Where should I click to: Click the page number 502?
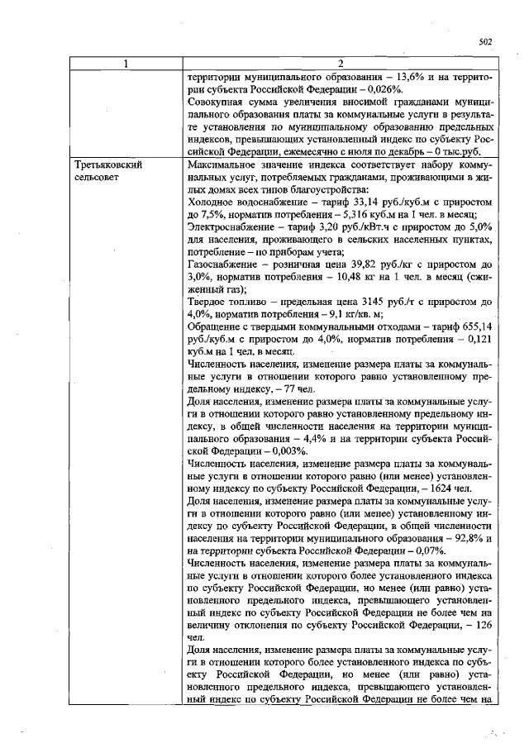[485, 42]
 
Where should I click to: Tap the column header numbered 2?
[341, 64]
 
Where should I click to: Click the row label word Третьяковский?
[107, 165]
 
